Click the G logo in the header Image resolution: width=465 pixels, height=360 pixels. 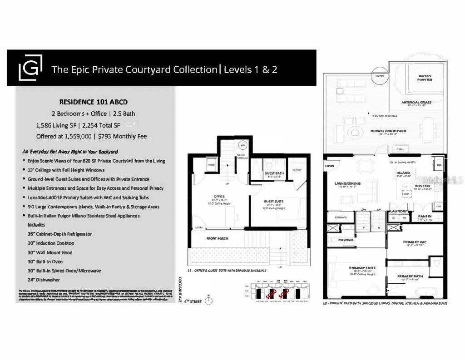coord(30,68)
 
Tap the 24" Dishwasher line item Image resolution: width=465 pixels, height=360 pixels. coord(44,280)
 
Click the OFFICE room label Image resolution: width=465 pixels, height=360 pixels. coord(219,197)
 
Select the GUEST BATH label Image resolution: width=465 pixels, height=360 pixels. coord(274,173)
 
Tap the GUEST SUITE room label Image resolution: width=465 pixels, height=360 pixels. coord(274,201)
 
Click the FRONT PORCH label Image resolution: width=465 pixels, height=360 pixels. coord(218,238)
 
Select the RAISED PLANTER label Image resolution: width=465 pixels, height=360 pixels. coord(425,78)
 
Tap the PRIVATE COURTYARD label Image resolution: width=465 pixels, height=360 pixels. coord(388,131)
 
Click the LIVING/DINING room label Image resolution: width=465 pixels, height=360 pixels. coord(347,183)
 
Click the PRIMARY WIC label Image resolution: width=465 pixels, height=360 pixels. coord(414,242)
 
